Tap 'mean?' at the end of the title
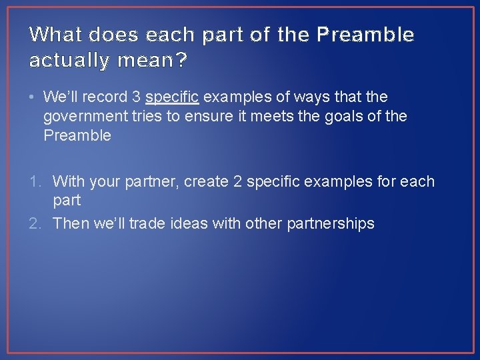point(152,61)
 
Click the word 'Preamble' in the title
point(366,35)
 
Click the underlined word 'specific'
point(172,97)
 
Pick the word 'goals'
point(345,117)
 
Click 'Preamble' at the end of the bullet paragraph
point(77,136)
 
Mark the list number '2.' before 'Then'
point(37,223)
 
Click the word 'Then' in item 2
point(69,223)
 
